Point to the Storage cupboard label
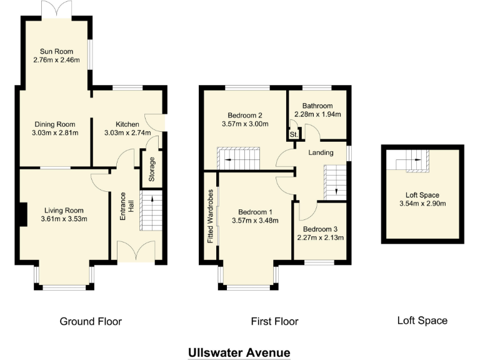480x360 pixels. [151, 169]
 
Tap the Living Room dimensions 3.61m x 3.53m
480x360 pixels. [64, 219]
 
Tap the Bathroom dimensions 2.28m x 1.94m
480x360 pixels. [317, 115]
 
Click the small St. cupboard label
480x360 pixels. [292, 135]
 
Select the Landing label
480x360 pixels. [321, 152]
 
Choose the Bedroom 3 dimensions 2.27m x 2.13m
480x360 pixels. [319, 237]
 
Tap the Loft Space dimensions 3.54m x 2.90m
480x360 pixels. [422, 203]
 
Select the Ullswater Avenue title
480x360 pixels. [239, 352]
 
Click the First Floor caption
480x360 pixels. [274, 322]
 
